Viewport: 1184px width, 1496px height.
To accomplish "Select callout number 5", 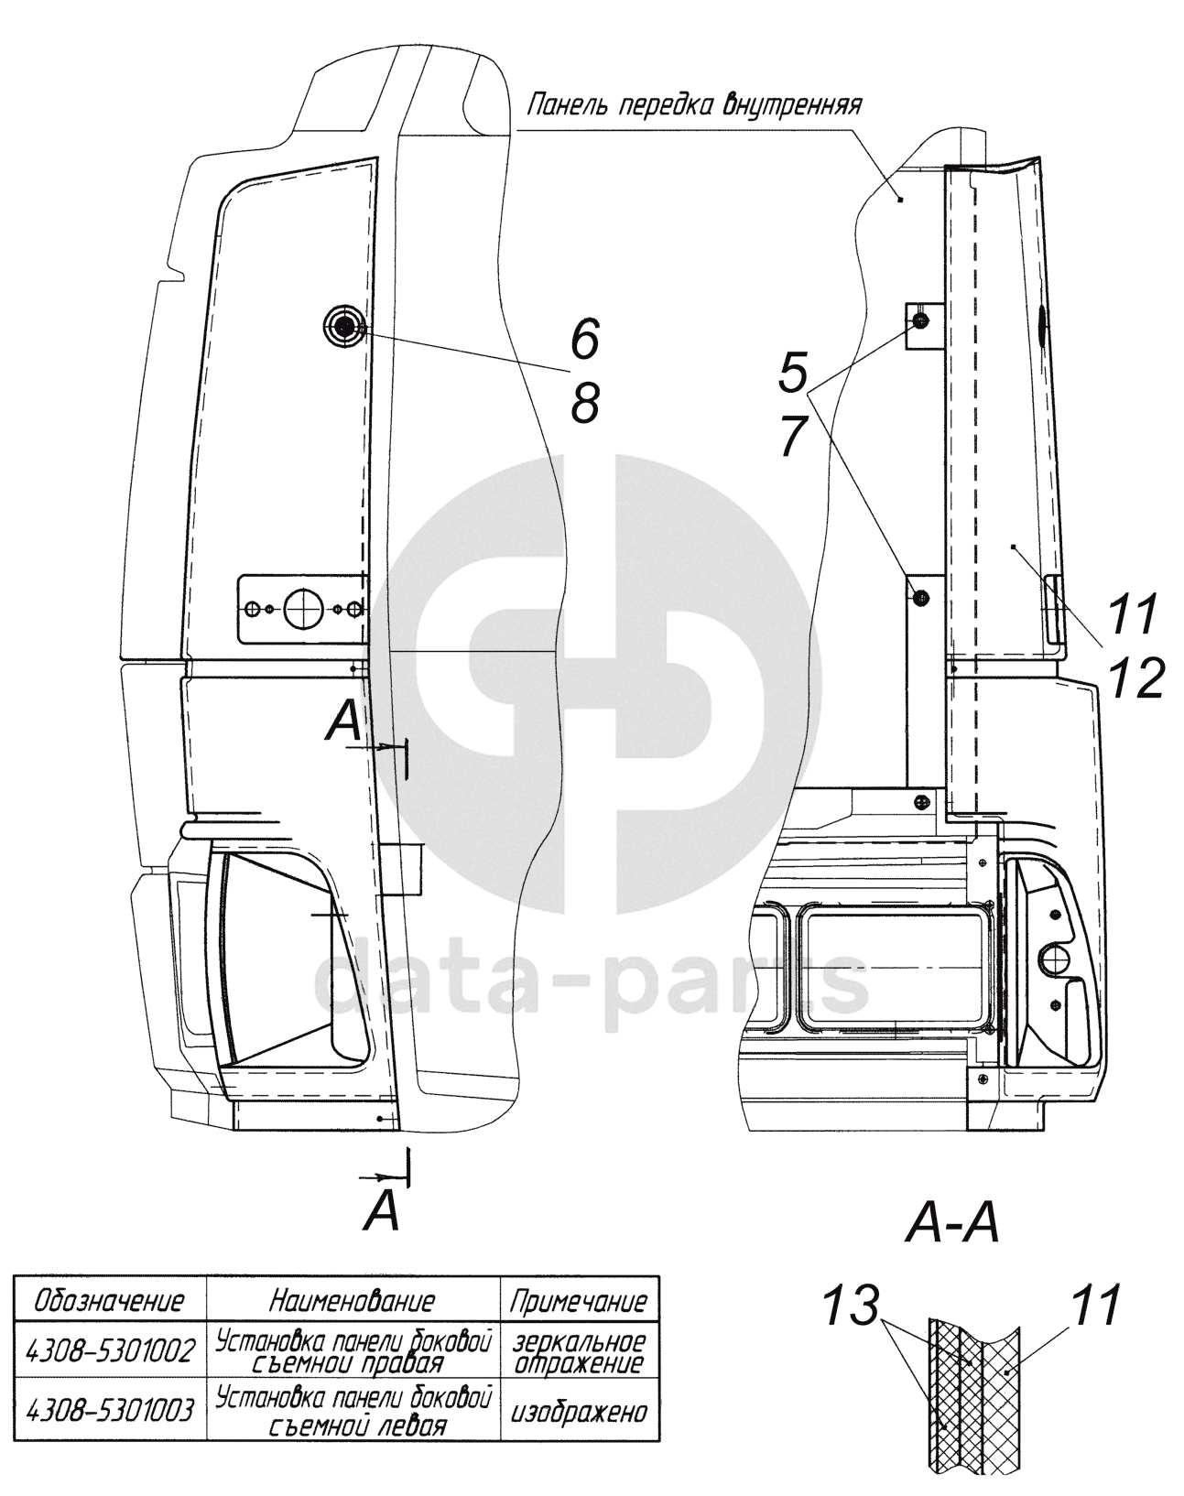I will pos(792,373).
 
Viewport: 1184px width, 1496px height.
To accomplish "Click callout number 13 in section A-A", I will pos(851,1306).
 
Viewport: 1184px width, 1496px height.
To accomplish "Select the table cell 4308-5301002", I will pos(112,1351).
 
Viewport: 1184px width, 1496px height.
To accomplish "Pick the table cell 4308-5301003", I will pos(112,1411).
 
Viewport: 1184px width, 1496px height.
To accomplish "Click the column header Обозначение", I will pos(110,1300).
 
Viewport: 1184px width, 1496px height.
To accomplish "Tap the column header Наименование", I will pos(353,1300).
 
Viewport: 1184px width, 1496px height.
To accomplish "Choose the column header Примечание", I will pos(578,1301).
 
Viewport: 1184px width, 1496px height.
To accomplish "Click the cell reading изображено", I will pos(578,1411).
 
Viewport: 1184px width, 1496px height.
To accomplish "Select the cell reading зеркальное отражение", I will pos(578,1351).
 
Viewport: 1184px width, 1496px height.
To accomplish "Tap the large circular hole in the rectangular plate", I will pos(299,608).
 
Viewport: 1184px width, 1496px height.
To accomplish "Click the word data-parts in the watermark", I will pos(591,979).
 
